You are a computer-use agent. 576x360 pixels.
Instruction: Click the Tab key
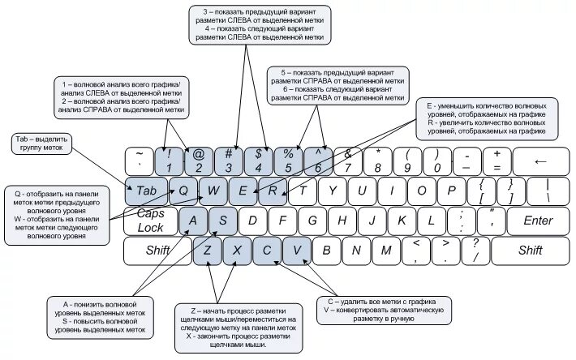click(145, 191)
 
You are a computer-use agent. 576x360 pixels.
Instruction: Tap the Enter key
click(537, 221)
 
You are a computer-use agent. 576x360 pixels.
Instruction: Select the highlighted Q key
click(184, 191)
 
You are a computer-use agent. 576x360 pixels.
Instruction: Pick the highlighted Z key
click(207, 251)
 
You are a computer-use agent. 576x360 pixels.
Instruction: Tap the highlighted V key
click(296, 251)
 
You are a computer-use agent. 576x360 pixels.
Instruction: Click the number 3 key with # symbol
click(229, 161)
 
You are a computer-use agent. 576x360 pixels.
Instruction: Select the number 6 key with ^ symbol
click(318, 161)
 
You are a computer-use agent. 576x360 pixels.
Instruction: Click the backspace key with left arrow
click(541, 161)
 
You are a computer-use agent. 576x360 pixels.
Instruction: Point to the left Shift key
click(157, 251)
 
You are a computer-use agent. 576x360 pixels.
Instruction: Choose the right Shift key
click(530, 251)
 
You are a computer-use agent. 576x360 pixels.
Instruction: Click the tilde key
click(140, 161)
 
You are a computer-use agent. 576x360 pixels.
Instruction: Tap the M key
click(386, 251)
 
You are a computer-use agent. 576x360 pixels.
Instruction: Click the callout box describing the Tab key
click(42, 144)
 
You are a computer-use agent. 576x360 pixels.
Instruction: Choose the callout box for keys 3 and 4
click(259, 24)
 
